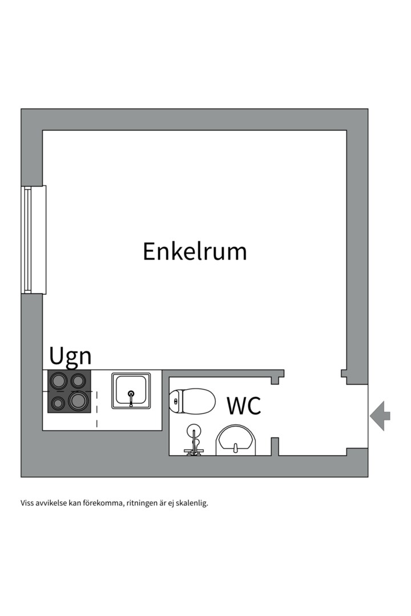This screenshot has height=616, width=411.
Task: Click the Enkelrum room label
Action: (195, 252)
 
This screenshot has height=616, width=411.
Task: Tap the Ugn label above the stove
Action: (70, 356)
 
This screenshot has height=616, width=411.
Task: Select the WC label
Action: (244, 406)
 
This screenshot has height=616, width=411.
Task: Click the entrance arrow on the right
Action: (380, 416)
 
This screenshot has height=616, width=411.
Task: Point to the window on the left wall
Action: (34, 240)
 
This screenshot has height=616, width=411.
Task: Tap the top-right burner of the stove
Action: (78, 380)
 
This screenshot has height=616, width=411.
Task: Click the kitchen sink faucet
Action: (131, 397)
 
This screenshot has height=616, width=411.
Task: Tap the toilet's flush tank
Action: (176, 401)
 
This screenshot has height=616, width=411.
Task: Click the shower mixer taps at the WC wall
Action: (194, 451)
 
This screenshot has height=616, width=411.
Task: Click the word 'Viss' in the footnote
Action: (27, 503)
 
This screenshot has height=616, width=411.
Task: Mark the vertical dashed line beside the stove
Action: (96, 408)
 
